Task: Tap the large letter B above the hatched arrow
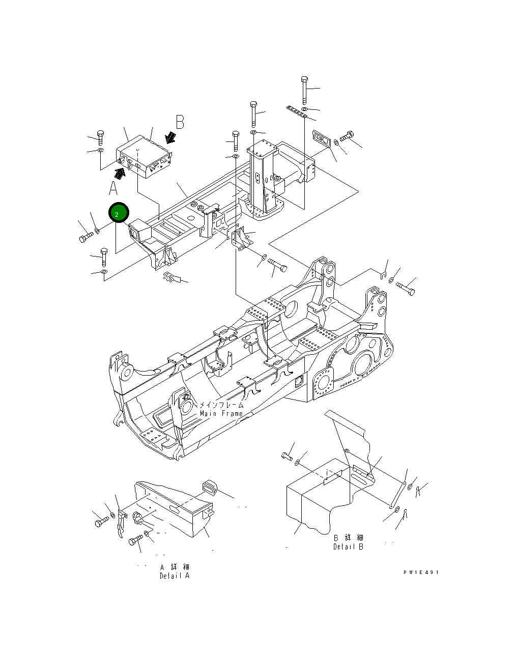point(179,122)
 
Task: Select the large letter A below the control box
point(113,189)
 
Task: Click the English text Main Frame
point(221,414)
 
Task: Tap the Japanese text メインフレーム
point(221,405)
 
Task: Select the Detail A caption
point(175,572)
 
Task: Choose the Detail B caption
point(349,543)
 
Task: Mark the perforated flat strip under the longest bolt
point(296,112)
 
